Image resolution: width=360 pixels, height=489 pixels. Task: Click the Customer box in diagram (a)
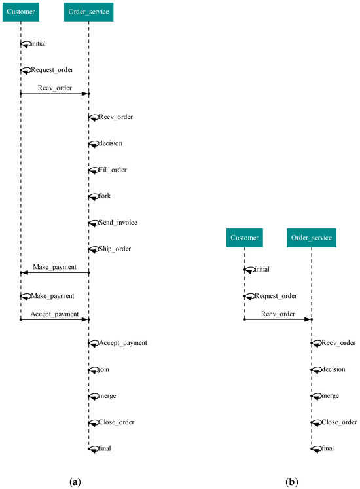pyautogui.click(x=20, y=11)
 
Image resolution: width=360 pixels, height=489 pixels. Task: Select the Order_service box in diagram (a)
pyautogui.click(x=88, y=11)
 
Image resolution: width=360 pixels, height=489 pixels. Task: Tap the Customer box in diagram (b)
pyautogui.click(x=244, y=238)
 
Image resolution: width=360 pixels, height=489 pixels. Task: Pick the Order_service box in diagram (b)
pyautogui.click(x=312, y=238)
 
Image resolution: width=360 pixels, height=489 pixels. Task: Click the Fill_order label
pyautogui.click(x=113, y=170)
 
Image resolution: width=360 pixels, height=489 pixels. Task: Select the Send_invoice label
pyautogui.click(x=118, y=223)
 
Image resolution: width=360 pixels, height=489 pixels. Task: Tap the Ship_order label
pyautogui.click(x=114, y=249)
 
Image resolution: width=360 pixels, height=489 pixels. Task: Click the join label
pyautogui.click(x=103, y=370)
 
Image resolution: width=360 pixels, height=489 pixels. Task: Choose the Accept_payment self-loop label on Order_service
pyautogui.click(x=122, y=343)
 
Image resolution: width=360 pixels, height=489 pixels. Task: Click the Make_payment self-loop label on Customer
pyautogui.click(x=52, y=297)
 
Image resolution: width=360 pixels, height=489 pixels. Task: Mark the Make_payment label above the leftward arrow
pyautogui.click(x=54, y=267)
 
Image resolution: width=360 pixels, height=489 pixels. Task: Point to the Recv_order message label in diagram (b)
pyautogui.click(x=278, y=314)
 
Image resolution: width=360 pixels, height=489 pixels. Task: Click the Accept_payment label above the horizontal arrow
pyautogui.click(x=54, y=314)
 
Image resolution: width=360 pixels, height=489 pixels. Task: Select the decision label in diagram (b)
pyautogui.click(x=333, y=370)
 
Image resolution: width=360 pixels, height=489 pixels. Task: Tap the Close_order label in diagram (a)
pyautogui.click(x=116, y=422)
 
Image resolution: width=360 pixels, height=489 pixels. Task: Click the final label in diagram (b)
pyautogui.click(x=327, y=448)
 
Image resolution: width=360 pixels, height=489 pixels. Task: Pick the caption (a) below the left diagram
pyautogui.click(x=75, y=482)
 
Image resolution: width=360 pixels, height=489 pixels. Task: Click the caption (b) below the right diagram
pyautogui.click(x=291, y=482)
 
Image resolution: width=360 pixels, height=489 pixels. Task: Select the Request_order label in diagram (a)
pyautogui.click(x=52, y=70)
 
